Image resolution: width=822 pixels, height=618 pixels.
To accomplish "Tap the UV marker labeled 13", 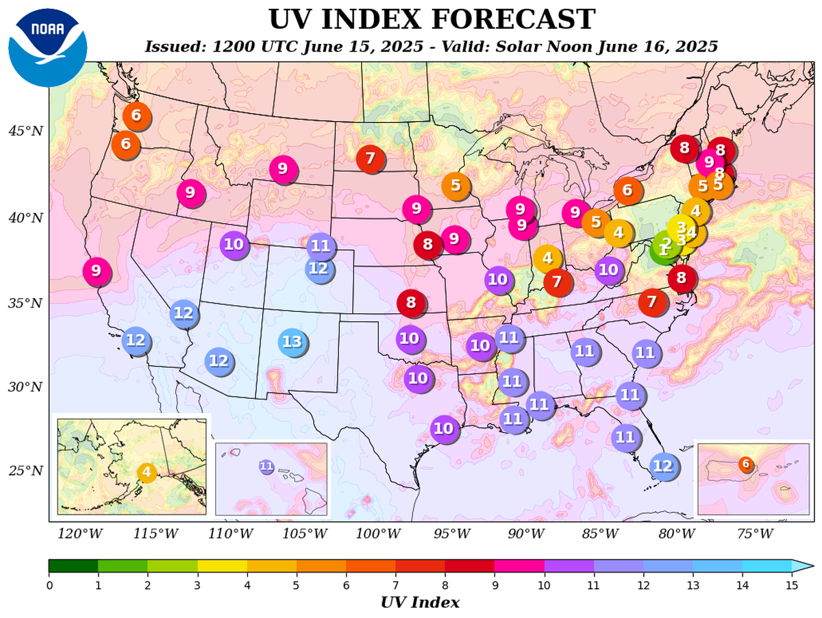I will (x=292, y=341).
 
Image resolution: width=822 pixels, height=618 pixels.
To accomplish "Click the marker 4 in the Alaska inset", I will (x=147, y=472).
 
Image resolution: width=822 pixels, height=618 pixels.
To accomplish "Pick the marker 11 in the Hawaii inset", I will (x=266, y=467).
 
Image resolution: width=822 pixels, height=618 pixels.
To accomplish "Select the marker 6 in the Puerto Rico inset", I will (x=746, y=464).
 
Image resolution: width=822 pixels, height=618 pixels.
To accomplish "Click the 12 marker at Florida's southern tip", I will (x=663, y=466).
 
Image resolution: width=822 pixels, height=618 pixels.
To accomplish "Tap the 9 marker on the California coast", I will (x=97, y=271).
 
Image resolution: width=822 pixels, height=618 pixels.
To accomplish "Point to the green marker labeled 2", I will (x=665, y=243).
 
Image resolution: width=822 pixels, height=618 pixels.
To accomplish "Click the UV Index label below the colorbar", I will (x=420, y=603).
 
